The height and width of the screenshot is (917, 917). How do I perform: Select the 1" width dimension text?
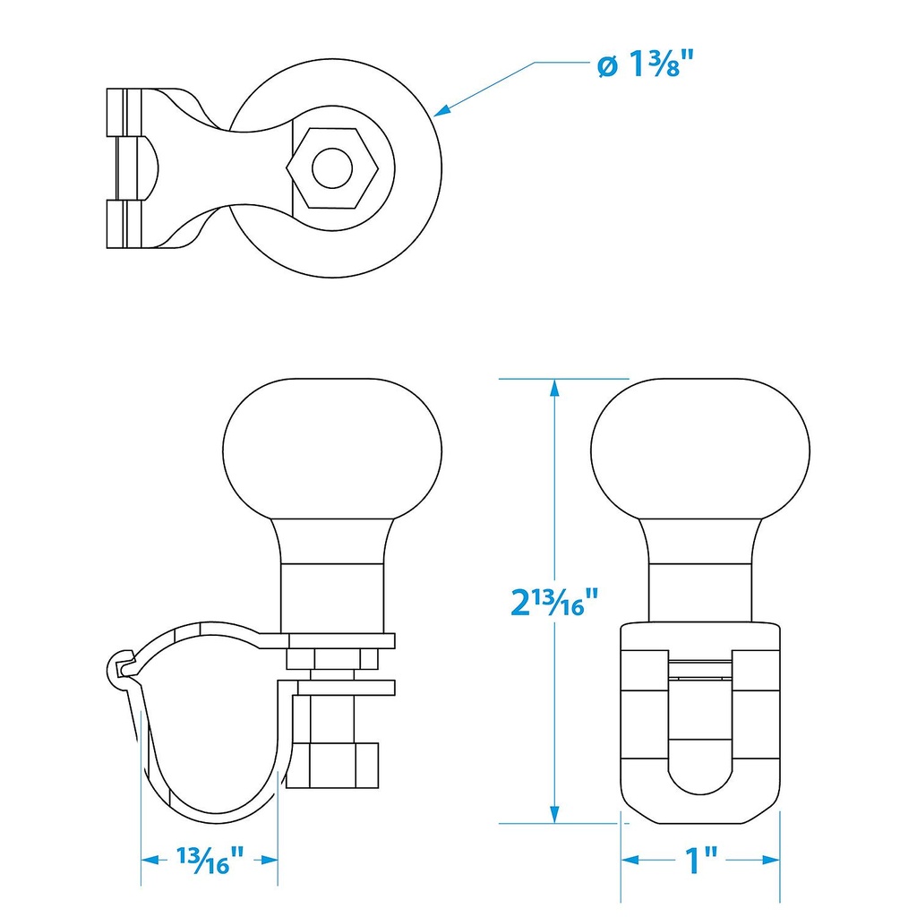pos(701,860)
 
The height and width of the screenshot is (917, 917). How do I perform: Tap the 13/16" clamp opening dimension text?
pos(210,863)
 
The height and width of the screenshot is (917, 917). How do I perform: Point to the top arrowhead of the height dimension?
pos(556,387)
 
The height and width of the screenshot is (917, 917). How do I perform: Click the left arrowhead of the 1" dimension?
pos(629,860)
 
